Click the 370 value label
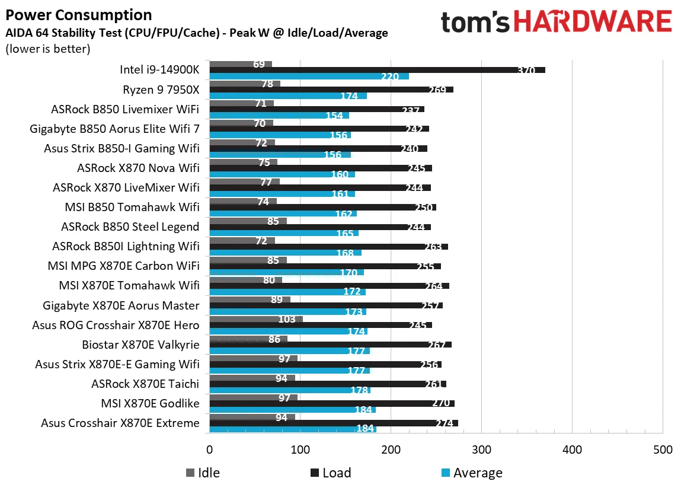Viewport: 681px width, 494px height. (x=525, y=71)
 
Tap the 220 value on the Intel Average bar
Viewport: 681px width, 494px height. (x=389, y=77)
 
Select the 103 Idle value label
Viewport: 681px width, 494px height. (x=286, y=319)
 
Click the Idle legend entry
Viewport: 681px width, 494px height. (x=203, y=473)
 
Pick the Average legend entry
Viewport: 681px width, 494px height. (x=471, y=473)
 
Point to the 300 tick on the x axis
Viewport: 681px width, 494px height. (x=481, y=450)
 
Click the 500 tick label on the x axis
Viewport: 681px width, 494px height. (x=662, y=450)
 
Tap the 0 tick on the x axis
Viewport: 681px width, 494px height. (x=209, y=450)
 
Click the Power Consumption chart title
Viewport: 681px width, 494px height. (x=78, y=15)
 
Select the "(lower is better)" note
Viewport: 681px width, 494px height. (x=47, y=49)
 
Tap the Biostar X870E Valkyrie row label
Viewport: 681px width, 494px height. (x=141, y=345)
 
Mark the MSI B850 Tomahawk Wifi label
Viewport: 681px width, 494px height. (x=132, y=207)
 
